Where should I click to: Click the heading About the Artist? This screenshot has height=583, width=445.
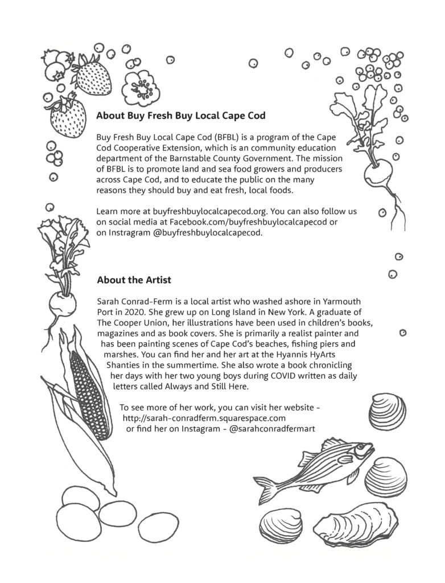[x=134, y=280]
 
